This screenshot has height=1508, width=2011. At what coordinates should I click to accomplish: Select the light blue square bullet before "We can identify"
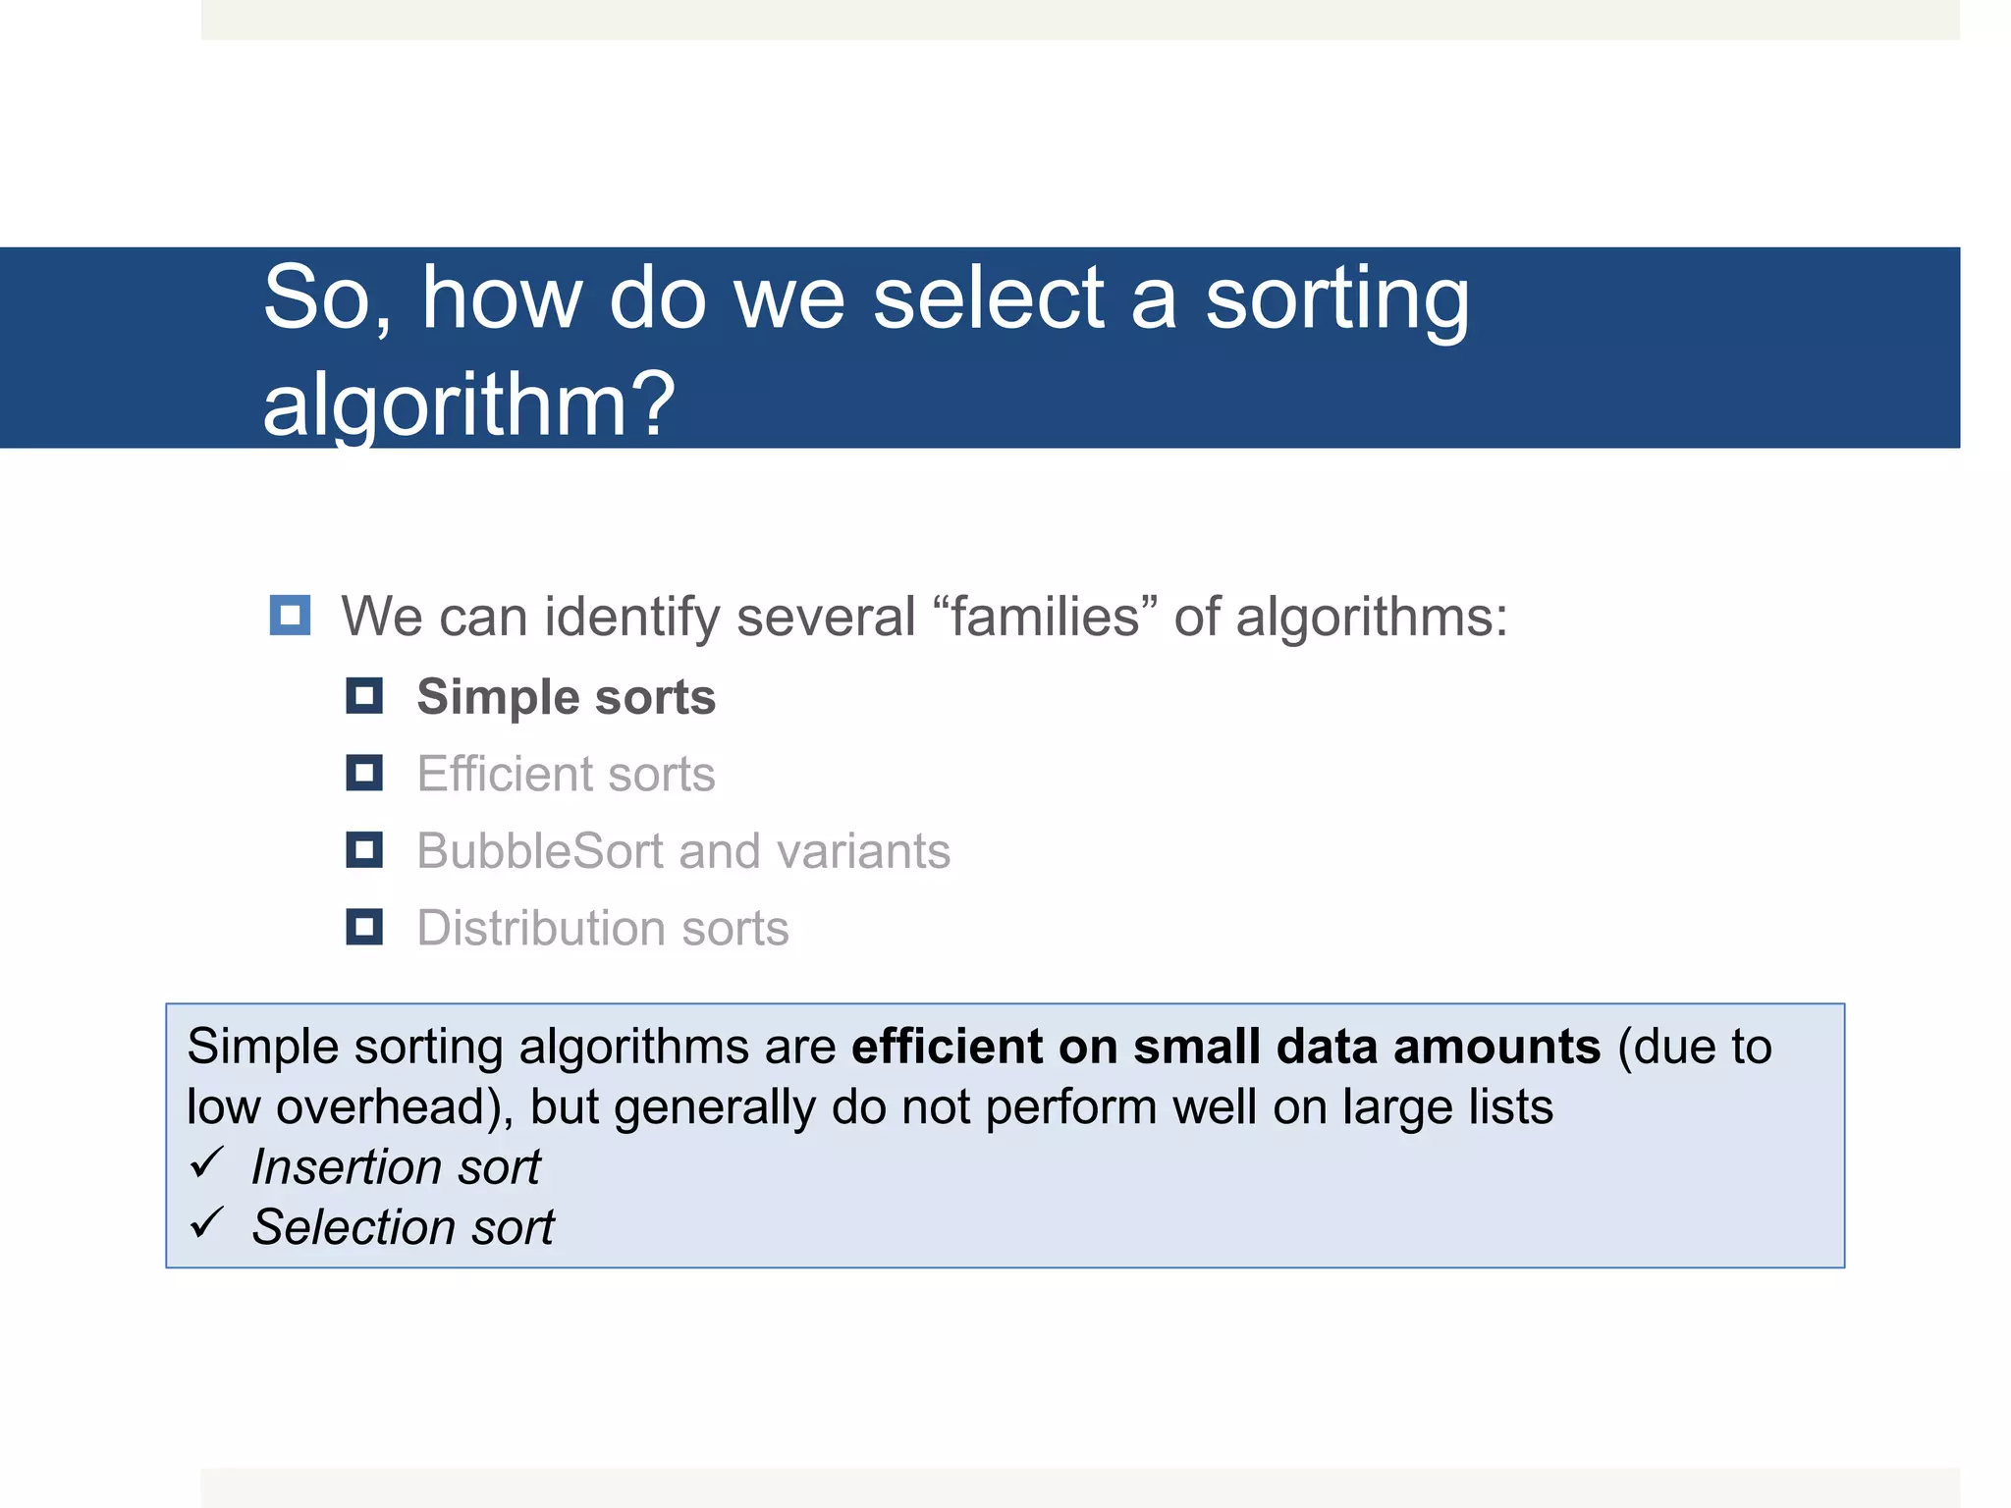click(290, 616)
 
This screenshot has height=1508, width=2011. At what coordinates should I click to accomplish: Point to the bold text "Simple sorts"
click(566, 697)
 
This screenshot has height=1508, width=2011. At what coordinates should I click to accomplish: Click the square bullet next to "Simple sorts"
click(364, 696)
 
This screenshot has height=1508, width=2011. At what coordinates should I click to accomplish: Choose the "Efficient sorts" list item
click(566, 774)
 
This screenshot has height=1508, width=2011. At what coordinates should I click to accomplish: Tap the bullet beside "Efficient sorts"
click(364, 773)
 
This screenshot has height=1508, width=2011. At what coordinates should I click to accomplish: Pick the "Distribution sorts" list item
click(602, 928)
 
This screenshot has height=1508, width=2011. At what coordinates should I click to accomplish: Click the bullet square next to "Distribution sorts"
click(364, 927)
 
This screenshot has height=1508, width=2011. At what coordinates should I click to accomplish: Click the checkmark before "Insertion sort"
click(208, 1163)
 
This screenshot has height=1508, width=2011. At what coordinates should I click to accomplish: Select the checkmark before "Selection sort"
click(208, 1223)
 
